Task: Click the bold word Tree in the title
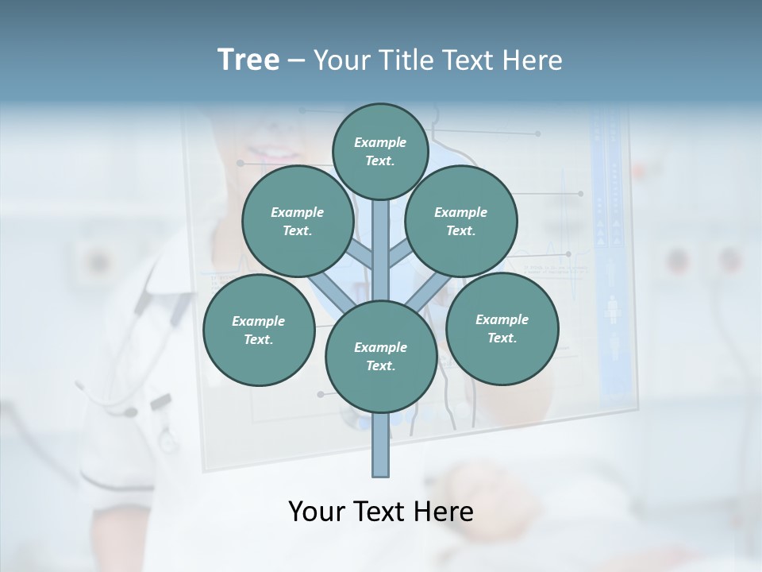[x=248, y=60]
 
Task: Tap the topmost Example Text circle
[x=380, y=151]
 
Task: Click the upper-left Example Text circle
[x=297, y=221]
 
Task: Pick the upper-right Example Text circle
[x=461, y=221]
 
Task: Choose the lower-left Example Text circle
[x=258, y=330]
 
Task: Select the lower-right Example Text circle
[x=502, y=328]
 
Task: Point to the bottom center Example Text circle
[x=381, y=356]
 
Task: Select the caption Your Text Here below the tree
[x=381, y=512]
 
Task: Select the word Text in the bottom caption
[x=381, y=512]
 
